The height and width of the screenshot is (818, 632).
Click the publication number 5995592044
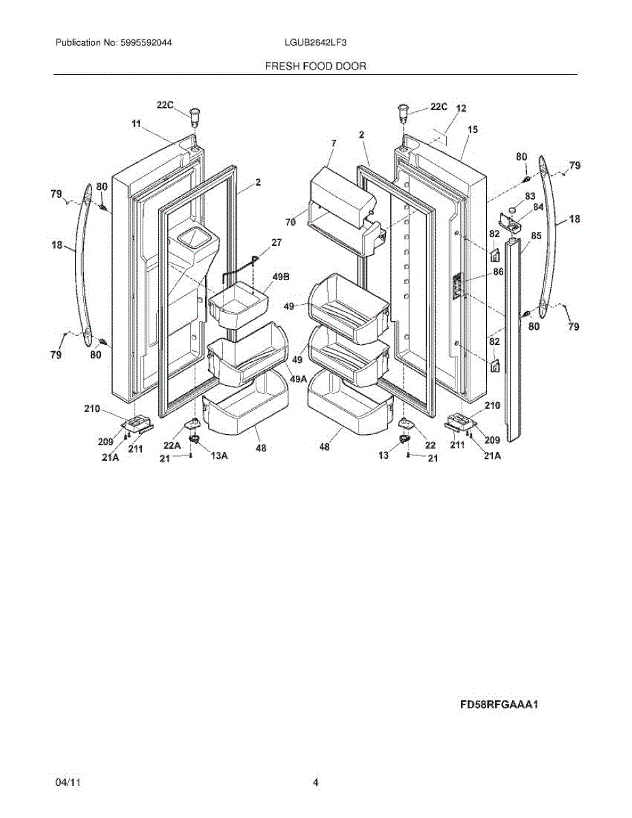coord(145,42)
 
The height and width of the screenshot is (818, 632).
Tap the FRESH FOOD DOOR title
coord(315,66)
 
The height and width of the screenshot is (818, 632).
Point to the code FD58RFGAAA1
coord(500,706)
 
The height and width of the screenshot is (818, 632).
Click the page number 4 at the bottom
coord(316,783)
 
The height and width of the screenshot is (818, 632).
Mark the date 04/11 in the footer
coord(65,783)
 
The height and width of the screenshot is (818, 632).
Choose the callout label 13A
coord(219,456)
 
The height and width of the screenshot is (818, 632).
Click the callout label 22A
coord(172,445)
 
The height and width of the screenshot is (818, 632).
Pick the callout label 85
coord(536,237)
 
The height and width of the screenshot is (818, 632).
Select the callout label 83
coord(530,196)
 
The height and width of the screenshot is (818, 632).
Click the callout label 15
coord(473,129)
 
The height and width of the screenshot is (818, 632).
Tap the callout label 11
coord(136,123)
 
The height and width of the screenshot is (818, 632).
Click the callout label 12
coord(462,108)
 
